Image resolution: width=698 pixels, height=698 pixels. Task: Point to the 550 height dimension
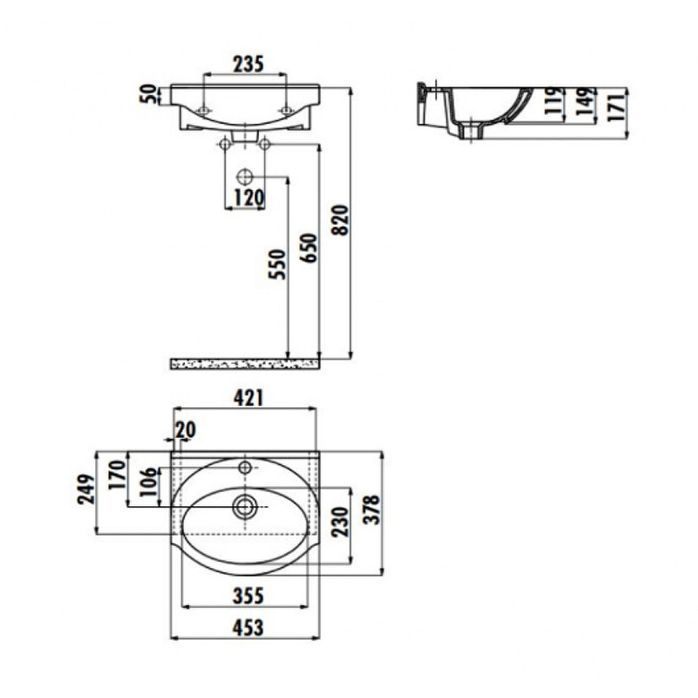pos(277,265)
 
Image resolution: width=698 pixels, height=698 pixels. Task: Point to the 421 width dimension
pos(246,398)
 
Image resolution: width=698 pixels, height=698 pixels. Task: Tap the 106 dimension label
pos(147,484)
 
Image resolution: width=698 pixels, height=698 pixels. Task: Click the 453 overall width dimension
pos(247,626)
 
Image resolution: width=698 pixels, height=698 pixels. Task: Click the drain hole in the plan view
pos(245,503)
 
